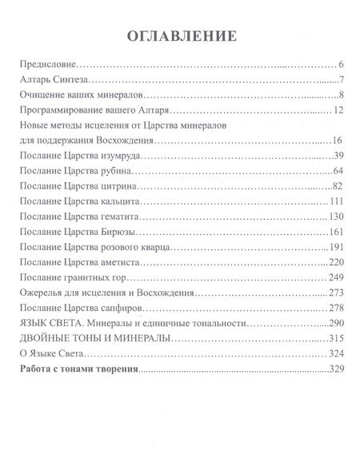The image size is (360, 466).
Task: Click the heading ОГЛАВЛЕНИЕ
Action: point(179,35)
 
